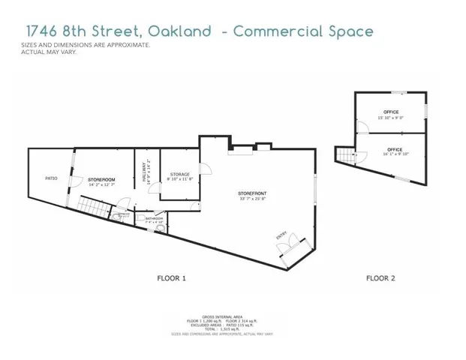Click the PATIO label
[51, 178]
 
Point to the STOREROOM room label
[101, 180]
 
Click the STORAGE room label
[179, 174]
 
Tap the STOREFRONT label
[254, 193]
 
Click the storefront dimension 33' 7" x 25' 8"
[254, 199]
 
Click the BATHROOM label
[143, 218]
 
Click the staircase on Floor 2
[344, 156]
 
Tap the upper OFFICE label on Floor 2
[391, 112]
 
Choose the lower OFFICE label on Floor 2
[395, 149]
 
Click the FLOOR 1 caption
[171, 278]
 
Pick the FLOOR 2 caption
[380, 278]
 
